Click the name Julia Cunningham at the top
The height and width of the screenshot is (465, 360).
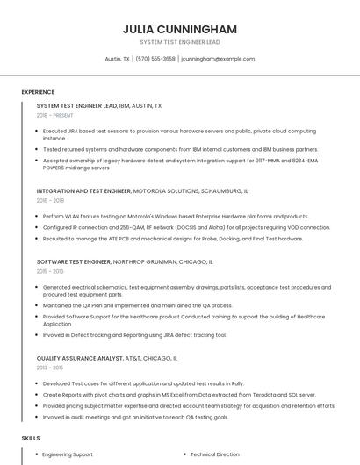pos(180,29)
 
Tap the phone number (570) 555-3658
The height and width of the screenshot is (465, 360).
pos(155,59)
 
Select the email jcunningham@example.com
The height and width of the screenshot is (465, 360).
pos(218,59)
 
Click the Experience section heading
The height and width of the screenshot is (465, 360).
pos(38,91)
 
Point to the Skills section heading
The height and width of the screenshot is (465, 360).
pos(30,437)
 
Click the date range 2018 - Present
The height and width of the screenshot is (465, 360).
pos(55,115)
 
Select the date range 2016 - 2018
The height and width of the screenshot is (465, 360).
pos(50,200)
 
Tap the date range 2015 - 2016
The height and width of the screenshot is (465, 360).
pos(50,272)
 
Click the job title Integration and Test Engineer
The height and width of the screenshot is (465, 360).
pos(83,190)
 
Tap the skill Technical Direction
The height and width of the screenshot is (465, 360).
pos(215,455)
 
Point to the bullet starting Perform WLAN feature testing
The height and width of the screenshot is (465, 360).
pos(176,216)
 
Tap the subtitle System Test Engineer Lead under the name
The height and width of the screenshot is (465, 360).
pos(180,42)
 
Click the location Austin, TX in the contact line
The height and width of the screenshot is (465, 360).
pos(118,59)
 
